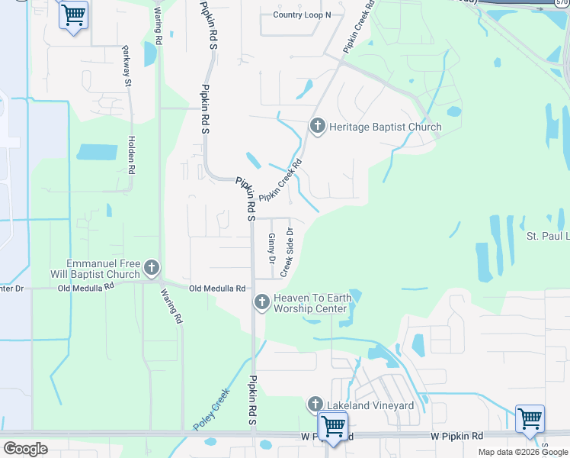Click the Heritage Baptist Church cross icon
coord(317,125)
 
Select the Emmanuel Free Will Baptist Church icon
coord(152,268)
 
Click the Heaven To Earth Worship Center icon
coord(262,303)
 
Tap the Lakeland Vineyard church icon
coord(315,404)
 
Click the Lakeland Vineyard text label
coord(370,405)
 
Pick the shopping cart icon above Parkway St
coord(73,14)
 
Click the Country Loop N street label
coord(302,15)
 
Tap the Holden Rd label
coord(131,156)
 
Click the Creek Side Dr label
coord(288,252)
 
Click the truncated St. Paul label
coord(547,236)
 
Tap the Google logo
coord(25,448)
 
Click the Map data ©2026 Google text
coord(523,452)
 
